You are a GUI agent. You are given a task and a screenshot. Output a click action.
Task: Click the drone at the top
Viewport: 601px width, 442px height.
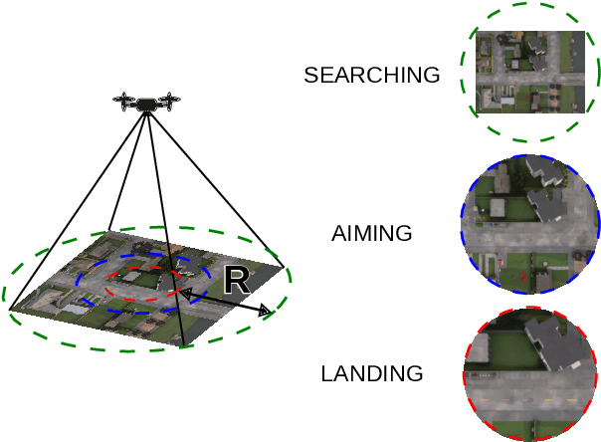pyautogui.click(x=148, y=102)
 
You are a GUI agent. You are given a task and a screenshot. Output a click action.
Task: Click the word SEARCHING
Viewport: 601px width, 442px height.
pyautogui.click(x=371, y=76)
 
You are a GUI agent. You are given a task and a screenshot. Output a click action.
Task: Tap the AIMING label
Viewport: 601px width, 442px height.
pyautogui.click(x=371, y=234)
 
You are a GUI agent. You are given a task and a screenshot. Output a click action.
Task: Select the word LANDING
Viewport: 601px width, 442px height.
pyautogui.click(x=371, y=374)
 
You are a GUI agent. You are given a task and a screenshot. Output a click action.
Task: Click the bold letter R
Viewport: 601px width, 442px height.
pyautogui.click(x=236, y=280)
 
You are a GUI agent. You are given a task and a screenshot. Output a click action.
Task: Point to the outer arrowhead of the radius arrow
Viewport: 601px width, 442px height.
pyautogui.click(x=266, y=312)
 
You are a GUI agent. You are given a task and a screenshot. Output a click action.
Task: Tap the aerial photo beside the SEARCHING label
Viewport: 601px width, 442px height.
pyautogui.click(x=529, y=72)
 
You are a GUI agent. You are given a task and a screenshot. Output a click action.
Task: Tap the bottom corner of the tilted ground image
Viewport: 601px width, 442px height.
pyautogui.click(x=183, y=346)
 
